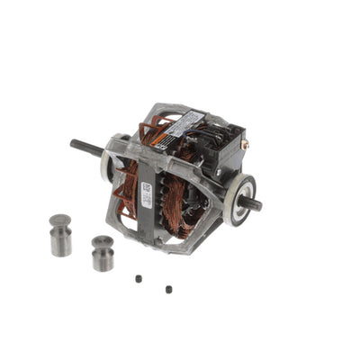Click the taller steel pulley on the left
(60, 238)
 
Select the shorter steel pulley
(103, 256)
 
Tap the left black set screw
(138, 279)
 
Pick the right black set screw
(167, 289)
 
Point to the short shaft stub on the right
(253, 204)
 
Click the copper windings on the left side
(128, 180)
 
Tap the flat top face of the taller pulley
(60, 220)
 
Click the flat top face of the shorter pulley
(103, 241)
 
